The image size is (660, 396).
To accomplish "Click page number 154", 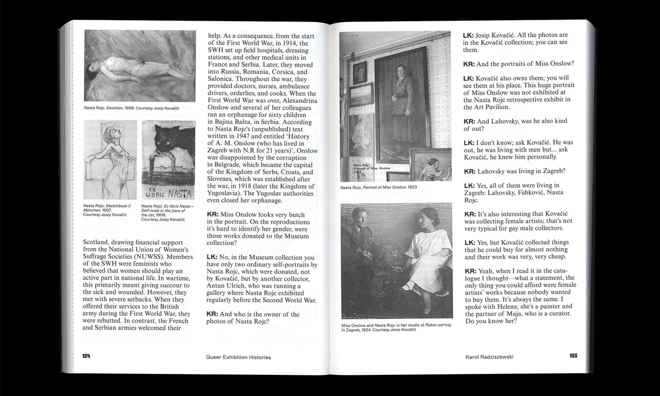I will click(x=86, y=356).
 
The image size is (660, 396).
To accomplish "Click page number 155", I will click(x=573, y=356).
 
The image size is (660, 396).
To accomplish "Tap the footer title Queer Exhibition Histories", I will click(x=238, y=357).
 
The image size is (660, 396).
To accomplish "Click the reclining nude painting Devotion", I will click(x=137, y=65).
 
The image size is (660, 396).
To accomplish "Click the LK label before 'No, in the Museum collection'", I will click(x=212, y=257).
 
